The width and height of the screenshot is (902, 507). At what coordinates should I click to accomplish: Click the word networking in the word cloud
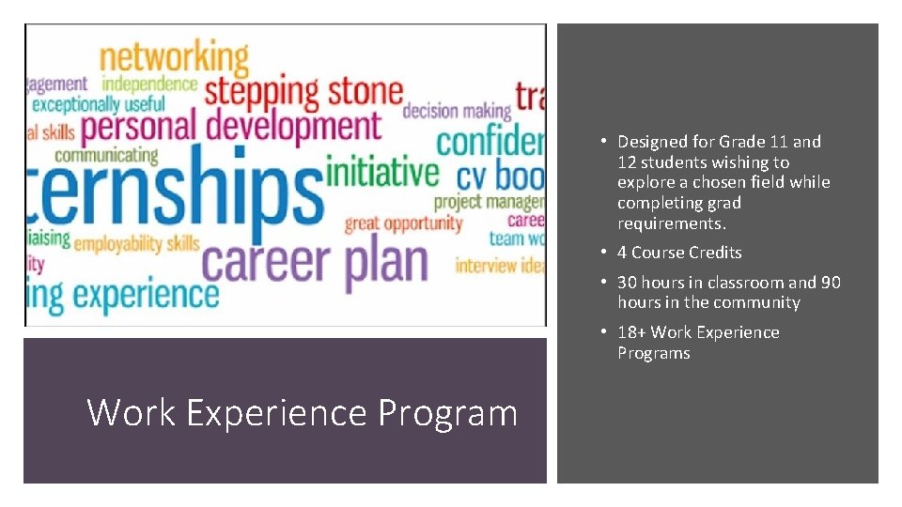coord(175,59)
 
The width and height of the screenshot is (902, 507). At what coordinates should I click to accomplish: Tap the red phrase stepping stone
coord(303,94)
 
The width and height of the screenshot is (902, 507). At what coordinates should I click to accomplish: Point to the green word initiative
coord(381,173)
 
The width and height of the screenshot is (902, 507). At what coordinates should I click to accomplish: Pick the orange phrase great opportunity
coord(403,223)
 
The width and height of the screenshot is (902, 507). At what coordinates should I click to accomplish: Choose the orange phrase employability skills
coord(136,244)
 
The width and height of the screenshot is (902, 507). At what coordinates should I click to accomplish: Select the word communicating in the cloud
coord(106,155)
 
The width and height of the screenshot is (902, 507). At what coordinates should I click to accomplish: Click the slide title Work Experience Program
coord(302,412)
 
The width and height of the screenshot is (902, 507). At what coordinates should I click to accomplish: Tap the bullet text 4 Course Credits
coord(679,253)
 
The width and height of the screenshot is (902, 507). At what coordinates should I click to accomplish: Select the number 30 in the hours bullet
coord(627,283)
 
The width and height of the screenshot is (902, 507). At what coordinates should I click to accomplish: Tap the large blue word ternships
coord(169,191)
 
